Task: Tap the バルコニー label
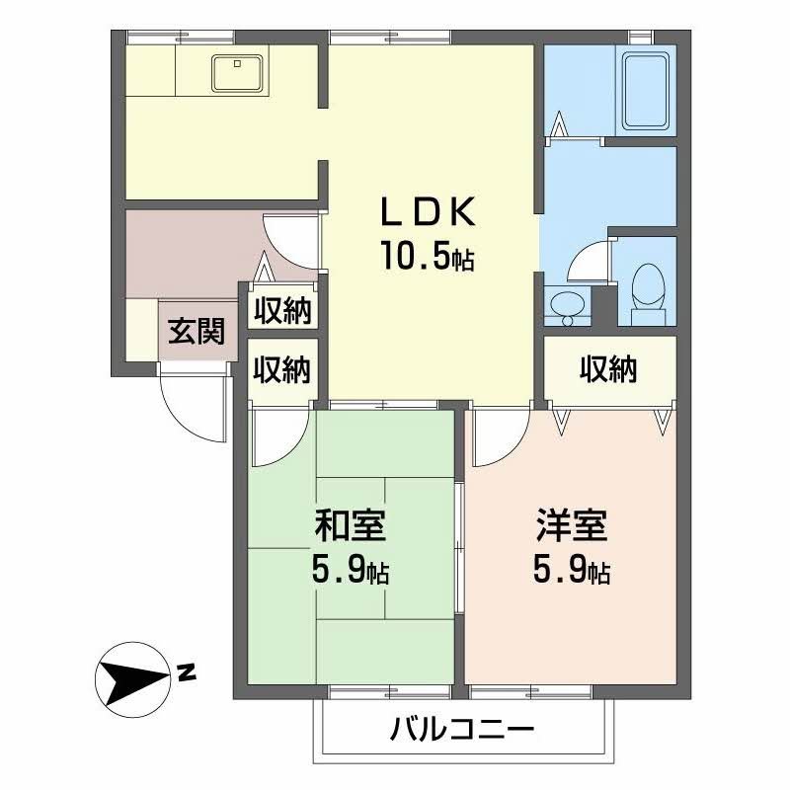[462, 732]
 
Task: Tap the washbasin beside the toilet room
[566, 306]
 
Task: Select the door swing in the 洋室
[500, 438]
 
